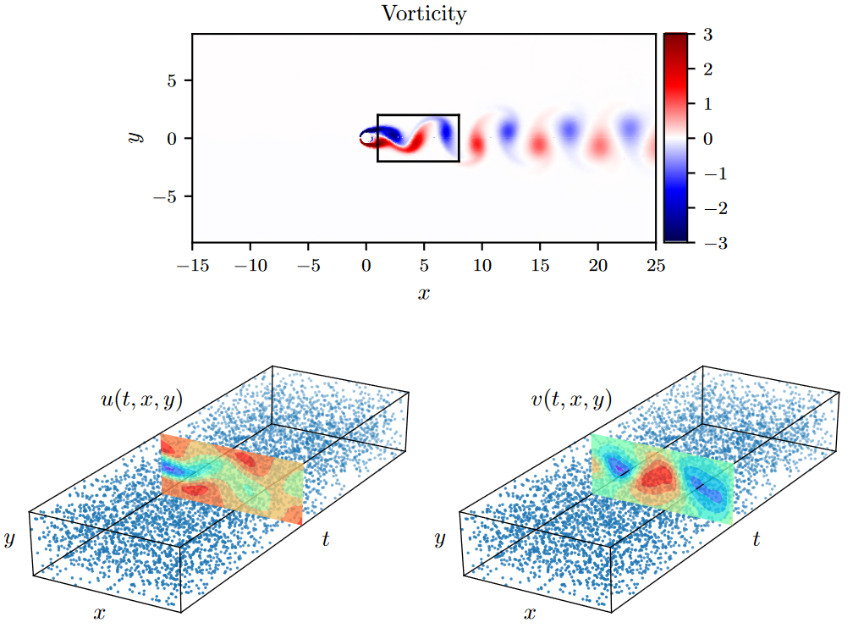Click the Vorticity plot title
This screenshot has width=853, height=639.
[424, 14]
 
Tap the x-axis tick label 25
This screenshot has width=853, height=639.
[656, 266]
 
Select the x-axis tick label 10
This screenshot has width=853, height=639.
[482, 266]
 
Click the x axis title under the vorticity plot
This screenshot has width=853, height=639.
[424, 294]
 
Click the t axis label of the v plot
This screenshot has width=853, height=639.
[756, 539]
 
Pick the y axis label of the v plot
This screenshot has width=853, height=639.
[439, 539]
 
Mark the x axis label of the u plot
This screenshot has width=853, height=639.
[100, 613]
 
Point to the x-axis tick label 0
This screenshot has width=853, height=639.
[366, 266]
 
